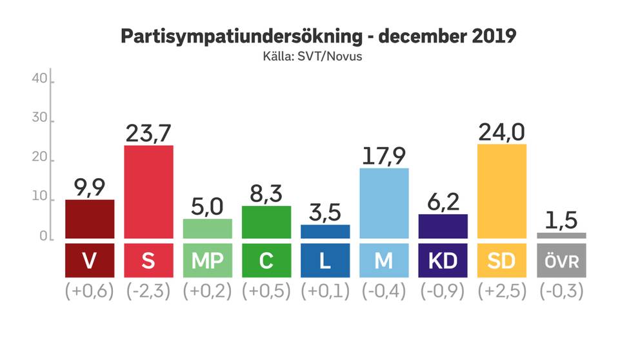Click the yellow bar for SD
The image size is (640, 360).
pos(502,191)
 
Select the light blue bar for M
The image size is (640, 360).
pos(384,203)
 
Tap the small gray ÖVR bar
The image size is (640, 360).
pos(561,235)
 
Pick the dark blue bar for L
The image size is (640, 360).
pos(325,232)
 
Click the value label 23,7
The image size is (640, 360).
pos(148,133)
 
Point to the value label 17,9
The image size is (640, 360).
pos(384,156)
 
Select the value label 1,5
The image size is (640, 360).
pos(561,221)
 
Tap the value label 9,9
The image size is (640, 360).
pos(90,188)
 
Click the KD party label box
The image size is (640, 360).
pos(443,260)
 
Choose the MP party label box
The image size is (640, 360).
pos(207,260)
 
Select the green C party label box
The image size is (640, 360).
pos(266,260)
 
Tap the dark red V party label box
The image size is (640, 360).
pos(90,260)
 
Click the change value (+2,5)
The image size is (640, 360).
pos(502,291)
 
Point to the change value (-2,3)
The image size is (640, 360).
pos(148,291)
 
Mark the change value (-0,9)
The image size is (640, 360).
pos(443,291)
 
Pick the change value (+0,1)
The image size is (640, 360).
pos(325,291)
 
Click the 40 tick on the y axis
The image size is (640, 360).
pos(39,79)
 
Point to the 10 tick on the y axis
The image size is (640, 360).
pos(39,199)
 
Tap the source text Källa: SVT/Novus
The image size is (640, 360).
pos(319,56)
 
